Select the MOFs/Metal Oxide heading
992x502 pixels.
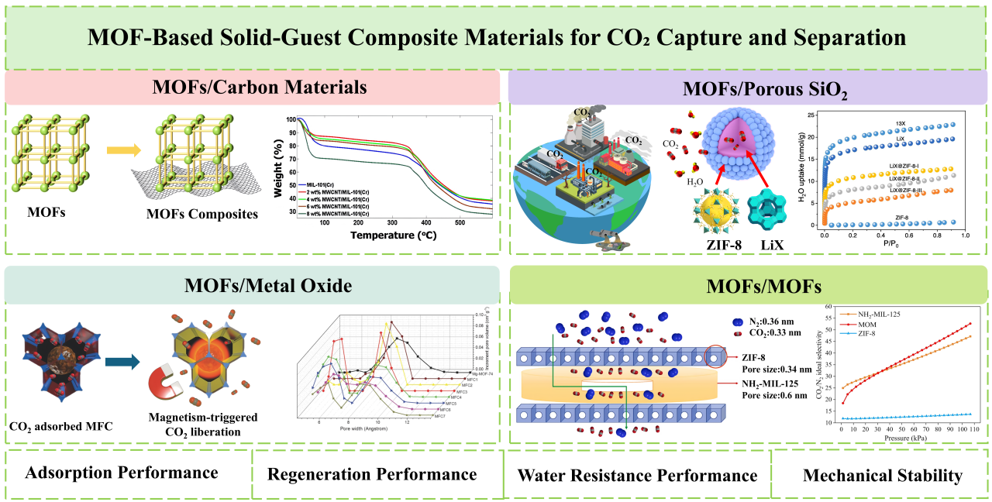tap(254, 285)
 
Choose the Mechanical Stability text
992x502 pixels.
tap(882, 475)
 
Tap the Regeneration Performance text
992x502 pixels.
tap(374, 473)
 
